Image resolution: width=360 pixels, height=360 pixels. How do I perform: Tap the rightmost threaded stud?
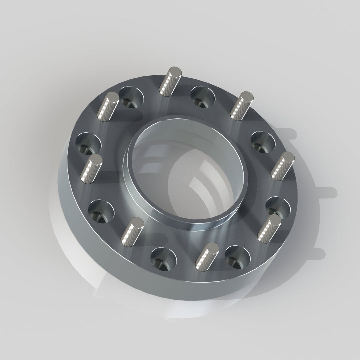coord(283,166)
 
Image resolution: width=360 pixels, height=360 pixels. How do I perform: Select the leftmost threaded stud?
coord(91,168)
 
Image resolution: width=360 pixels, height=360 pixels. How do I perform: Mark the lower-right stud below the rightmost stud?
coord(269,229)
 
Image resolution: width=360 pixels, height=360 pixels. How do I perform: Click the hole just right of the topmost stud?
coord(203,97)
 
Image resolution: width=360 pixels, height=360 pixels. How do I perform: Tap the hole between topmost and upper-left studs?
coord(131,97)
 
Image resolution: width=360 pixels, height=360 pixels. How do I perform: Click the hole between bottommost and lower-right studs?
coord(237,258)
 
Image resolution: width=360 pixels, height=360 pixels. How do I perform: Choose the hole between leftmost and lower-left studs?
coord(101,211)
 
